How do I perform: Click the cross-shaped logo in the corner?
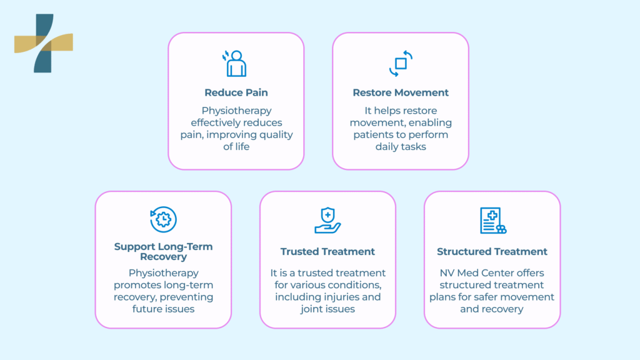[x=43, y=43]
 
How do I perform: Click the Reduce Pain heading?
[x=236, y=92]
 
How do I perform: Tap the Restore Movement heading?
[x=401, y=92]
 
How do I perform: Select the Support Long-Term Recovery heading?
[x=163, y=251]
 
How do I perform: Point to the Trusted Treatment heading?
[x=327, y=251]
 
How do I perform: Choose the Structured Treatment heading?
[x=492, y=251]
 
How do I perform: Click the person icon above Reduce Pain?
[x=236, y=63]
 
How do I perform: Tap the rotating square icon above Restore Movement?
[x=401, y=63]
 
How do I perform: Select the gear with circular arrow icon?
[x=164, y=219]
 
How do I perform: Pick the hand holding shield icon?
[x=327, y=220]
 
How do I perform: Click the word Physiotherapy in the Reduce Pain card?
[x=236, y=111]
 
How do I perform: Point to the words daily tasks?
[x=401, y=146]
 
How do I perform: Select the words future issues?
[x=163, y=309]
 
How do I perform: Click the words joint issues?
[x=327, y=309]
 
